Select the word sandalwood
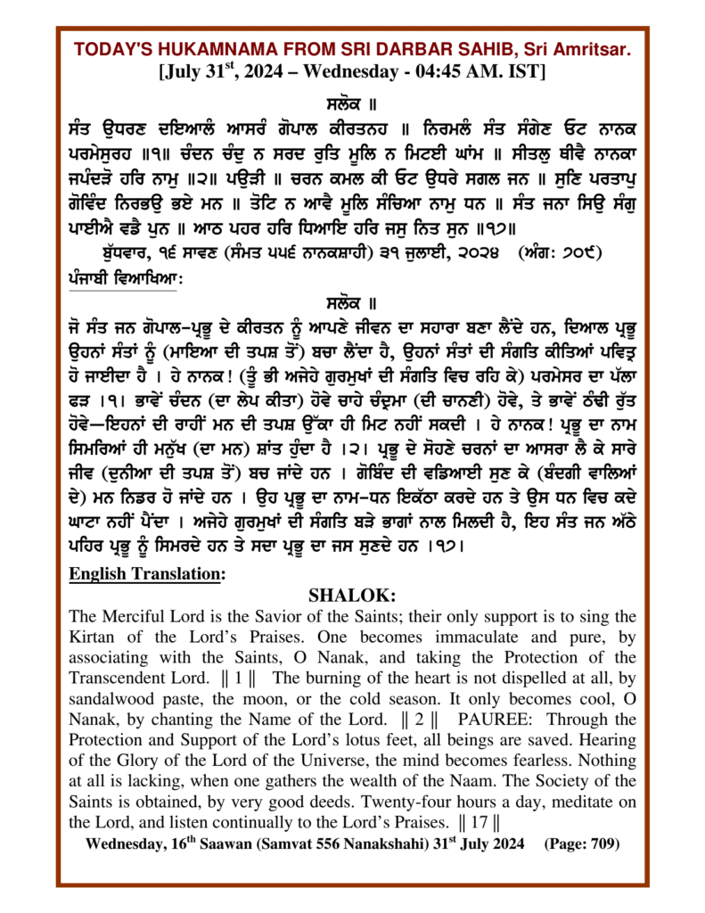tap(111, 699)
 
